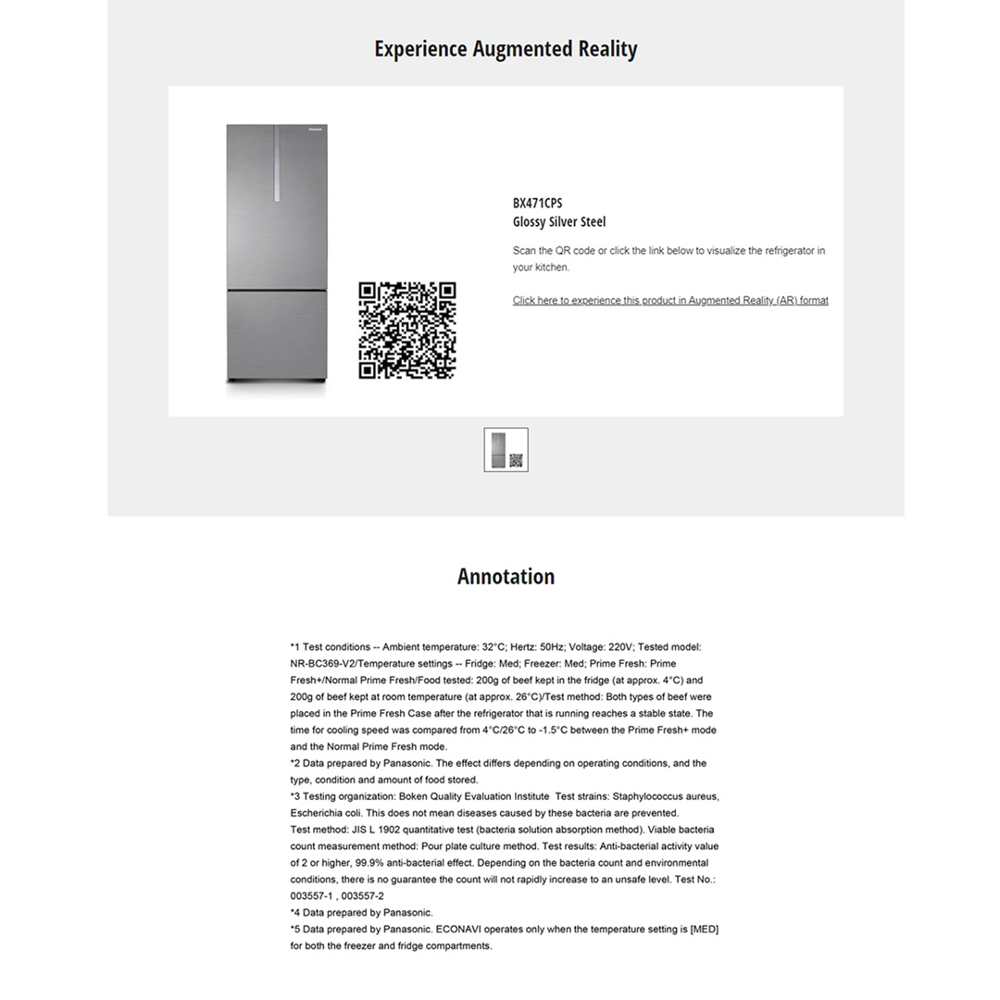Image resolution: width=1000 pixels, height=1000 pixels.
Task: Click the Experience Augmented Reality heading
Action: pos(506,49)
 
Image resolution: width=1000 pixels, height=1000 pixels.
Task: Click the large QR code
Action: pos(407,331)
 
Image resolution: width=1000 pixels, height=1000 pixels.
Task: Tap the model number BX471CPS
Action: pos(537,203)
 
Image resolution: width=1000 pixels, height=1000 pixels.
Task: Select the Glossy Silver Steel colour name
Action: pos(559,222)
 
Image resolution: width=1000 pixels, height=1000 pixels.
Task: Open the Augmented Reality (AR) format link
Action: pos(670,300)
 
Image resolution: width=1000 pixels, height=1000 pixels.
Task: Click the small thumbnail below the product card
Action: pos(506,449)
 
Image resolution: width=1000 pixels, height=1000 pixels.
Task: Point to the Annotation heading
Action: pos(506,577)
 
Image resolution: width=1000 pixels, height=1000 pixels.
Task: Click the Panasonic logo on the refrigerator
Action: pos(315,131)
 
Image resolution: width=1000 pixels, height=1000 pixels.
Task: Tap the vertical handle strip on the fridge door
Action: pos(276,165)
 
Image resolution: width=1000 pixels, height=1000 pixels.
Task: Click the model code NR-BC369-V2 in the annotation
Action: pos(322,664)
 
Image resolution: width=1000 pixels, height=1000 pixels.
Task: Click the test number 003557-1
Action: pos(311,896)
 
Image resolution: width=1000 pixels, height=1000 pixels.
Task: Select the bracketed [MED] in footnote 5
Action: pos(705,929)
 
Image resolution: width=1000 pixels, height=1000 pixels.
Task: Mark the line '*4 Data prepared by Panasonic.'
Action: pos(361,913)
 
